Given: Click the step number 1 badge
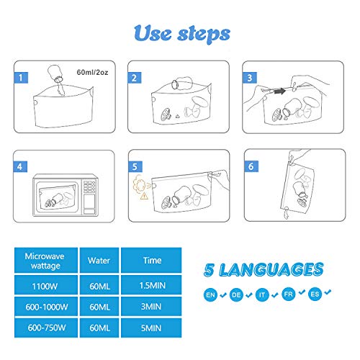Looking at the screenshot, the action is pos(21,78).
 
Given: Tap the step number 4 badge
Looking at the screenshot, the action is pos(20,166).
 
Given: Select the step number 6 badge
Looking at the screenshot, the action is pos(251,166).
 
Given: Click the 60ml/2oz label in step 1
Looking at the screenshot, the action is pos(92,72).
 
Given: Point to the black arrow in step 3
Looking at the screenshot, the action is pos(280,91).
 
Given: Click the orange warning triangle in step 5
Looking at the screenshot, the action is pos(144,196).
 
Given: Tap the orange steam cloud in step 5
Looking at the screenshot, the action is pos(139,184).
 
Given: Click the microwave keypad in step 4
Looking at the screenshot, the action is pos(89,186).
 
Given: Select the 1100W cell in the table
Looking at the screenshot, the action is pos(46,285).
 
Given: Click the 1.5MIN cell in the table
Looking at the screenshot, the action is pos(151,285).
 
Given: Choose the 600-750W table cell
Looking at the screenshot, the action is pos(46,328).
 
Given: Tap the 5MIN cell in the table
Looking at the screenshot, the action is pos(151,328).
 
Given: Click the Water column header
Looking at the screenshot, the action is pos(99,261).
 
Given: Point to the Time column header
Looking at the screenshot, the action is pos(151,261).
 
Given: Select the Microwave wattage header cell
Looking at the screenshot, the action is pos(46,261).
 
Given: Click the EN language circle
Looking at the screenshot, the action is pos(210,294).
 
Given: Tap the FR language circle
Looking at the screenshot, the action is pos(289,294).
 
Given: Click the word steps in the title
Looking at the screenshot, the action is pos(204,35).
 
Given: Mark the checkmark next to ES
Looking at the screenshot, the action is pos(328,292).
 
